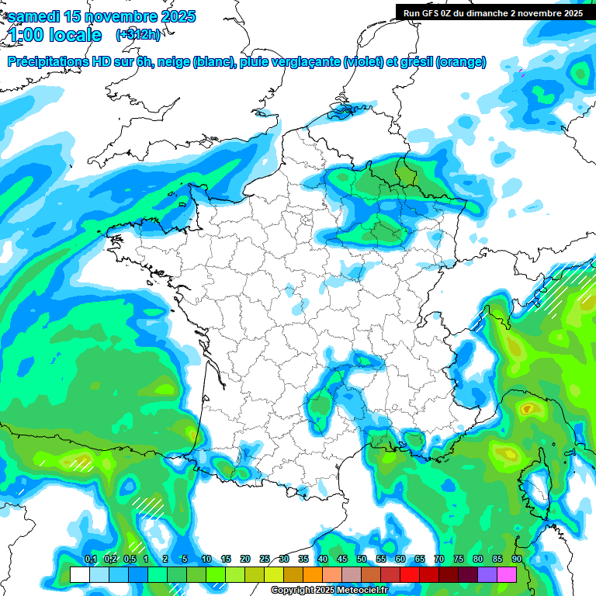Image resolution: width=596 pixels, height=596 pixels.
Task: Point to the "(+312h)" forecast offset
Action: click(139, 35)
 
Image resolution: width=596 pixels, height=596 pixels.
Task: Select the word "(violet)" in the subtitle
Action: click(364, 62)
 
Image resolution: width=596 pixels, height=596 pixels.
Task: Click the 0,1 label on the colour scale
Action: click(90, 560)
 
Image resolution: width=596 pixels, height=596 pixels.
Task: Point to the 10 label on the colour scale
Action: click(206, 560)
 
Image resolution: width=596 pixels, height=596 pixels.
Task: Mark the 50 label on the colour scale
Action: click(362, 560)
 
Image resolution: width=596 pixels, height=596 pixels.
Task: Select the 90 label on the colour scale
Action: click(516, 560)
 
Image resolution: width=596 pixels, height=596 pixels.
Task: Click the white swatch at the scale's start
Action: click(79, 574)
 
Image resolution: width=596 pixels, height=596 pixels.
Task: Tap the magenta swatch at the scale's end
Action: click(507, 574)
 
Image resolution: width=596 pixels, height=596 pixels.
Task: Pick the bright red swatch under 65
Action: click(410, 574)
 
